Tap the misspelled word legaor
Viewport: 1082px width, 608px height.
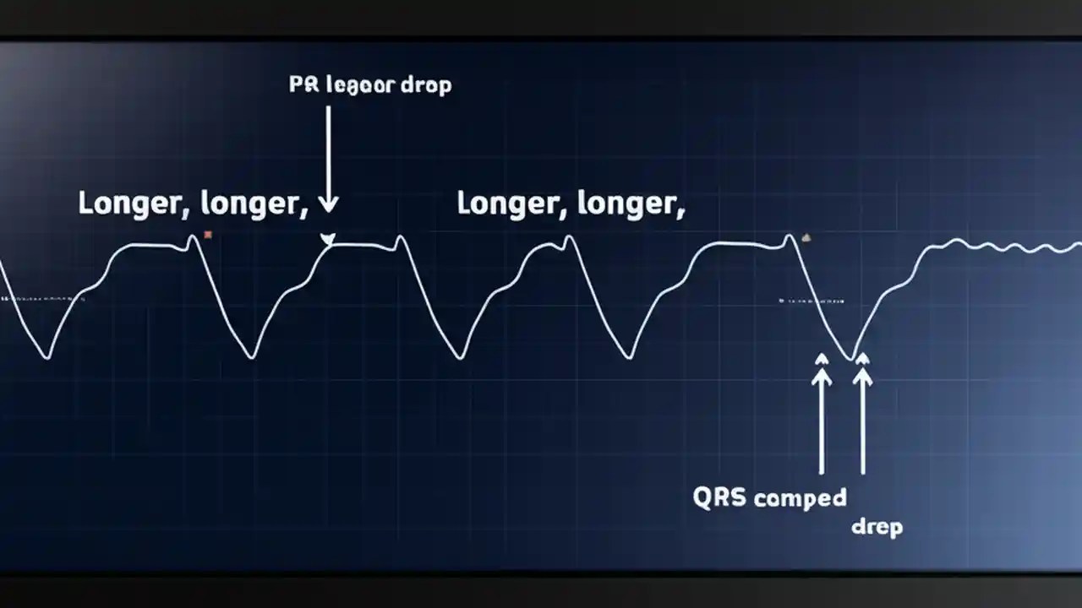pyautogui.click(x=363, y=86)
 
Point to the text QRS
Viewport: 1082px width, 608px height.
pyautogui.click(x=719, y=497)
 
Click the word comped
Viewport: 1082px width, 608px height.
pyautogui.click(x=800, y=498)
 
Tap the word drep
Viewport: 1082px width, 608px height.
pyautogui.click(x=877, y=528)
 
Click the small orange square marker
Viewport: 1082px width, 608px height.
pyautogui.click(x=208, y=235)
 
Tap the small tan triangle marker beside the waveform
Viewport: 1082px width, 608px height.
pyautogui.click(x=805, y=238)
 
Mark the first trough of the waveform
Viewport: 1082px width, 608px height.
pyautogui.click(x=47, y=356)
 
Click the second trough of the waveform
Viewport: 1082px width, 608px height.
pyautogui.click(x=252, y=356)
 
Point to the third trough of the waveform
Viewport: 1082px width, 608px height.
pyautogui.click(x=461, y=357)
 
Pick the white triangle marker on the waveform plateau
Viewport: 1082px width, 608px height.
pyautogui.click(x=327, y=240)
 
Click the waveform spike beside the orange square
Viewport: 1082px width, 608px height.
pyautogui.click(x=194, y=238)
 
